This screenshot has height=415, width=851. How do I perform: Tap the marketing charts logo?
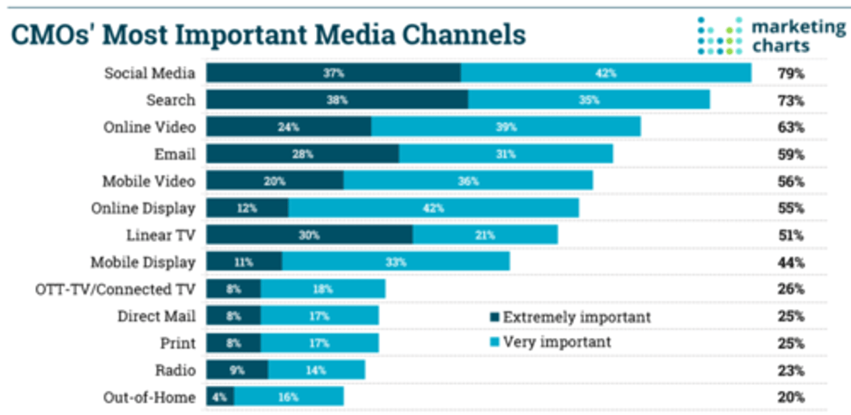pyautogui.click(x=771, y=35)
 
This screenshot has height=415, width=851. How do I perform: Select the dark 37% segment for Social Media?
pyautogui.click(x=333, y=73)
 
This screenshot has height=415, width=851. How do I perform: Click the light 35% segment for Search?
pyautogui.click(x=589, y=100)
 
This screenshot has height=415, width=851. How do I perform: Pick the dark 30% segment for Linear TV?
pyautogui.click(x=309, y=235)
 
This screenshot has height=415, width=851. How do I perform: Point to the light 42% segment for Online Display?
pyautogui.click(x=433, y=208)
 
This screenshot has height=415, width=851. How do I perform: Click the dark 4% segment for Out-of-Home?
pyautogui.click(x=220, y=397)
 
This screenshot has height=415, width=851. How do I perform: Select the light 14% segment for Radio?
pyautogui.click(x=316, y=370)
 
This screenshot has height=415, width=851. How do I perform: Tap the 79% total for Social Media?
pyautogui.click(x=791, y=73)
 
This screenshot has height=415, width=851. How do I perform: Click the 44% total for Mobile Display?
pyautogui.click(x=791, y=262)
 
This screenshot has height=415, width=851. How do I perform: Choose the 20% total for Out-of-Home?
pyautogui.click(x=791, y=397)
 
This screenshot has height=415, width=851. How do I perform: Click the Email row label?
pyautogui.click(x=176, y=154)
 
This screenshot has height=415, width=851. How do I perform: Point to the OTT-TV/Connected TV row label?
pyautogui.click(x=115, y=289)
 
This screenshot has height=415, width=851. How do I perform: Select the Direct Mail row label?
pyautogui.click(x=156, y=316)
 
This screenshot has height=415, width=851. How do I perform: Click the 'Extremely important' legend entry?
pyautogui.click(x=570, y=317)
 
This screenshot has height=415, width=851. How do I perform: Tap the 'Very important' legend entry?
pyautogui.click(x=551, y=342)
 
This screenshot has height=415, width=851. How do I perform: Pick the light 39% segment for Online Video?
pyautogui.click(x=506, y=127)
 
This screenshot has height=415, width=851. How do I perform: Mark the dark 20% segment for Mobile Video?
pyautogui.click(x=275, y=181)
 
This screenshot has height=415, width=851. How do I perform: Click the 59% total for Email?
pyautogui.click(x=791, y=154)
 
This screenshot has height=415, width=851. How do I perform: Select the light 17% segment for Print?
pyautogui.click(x=319, y=343)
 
